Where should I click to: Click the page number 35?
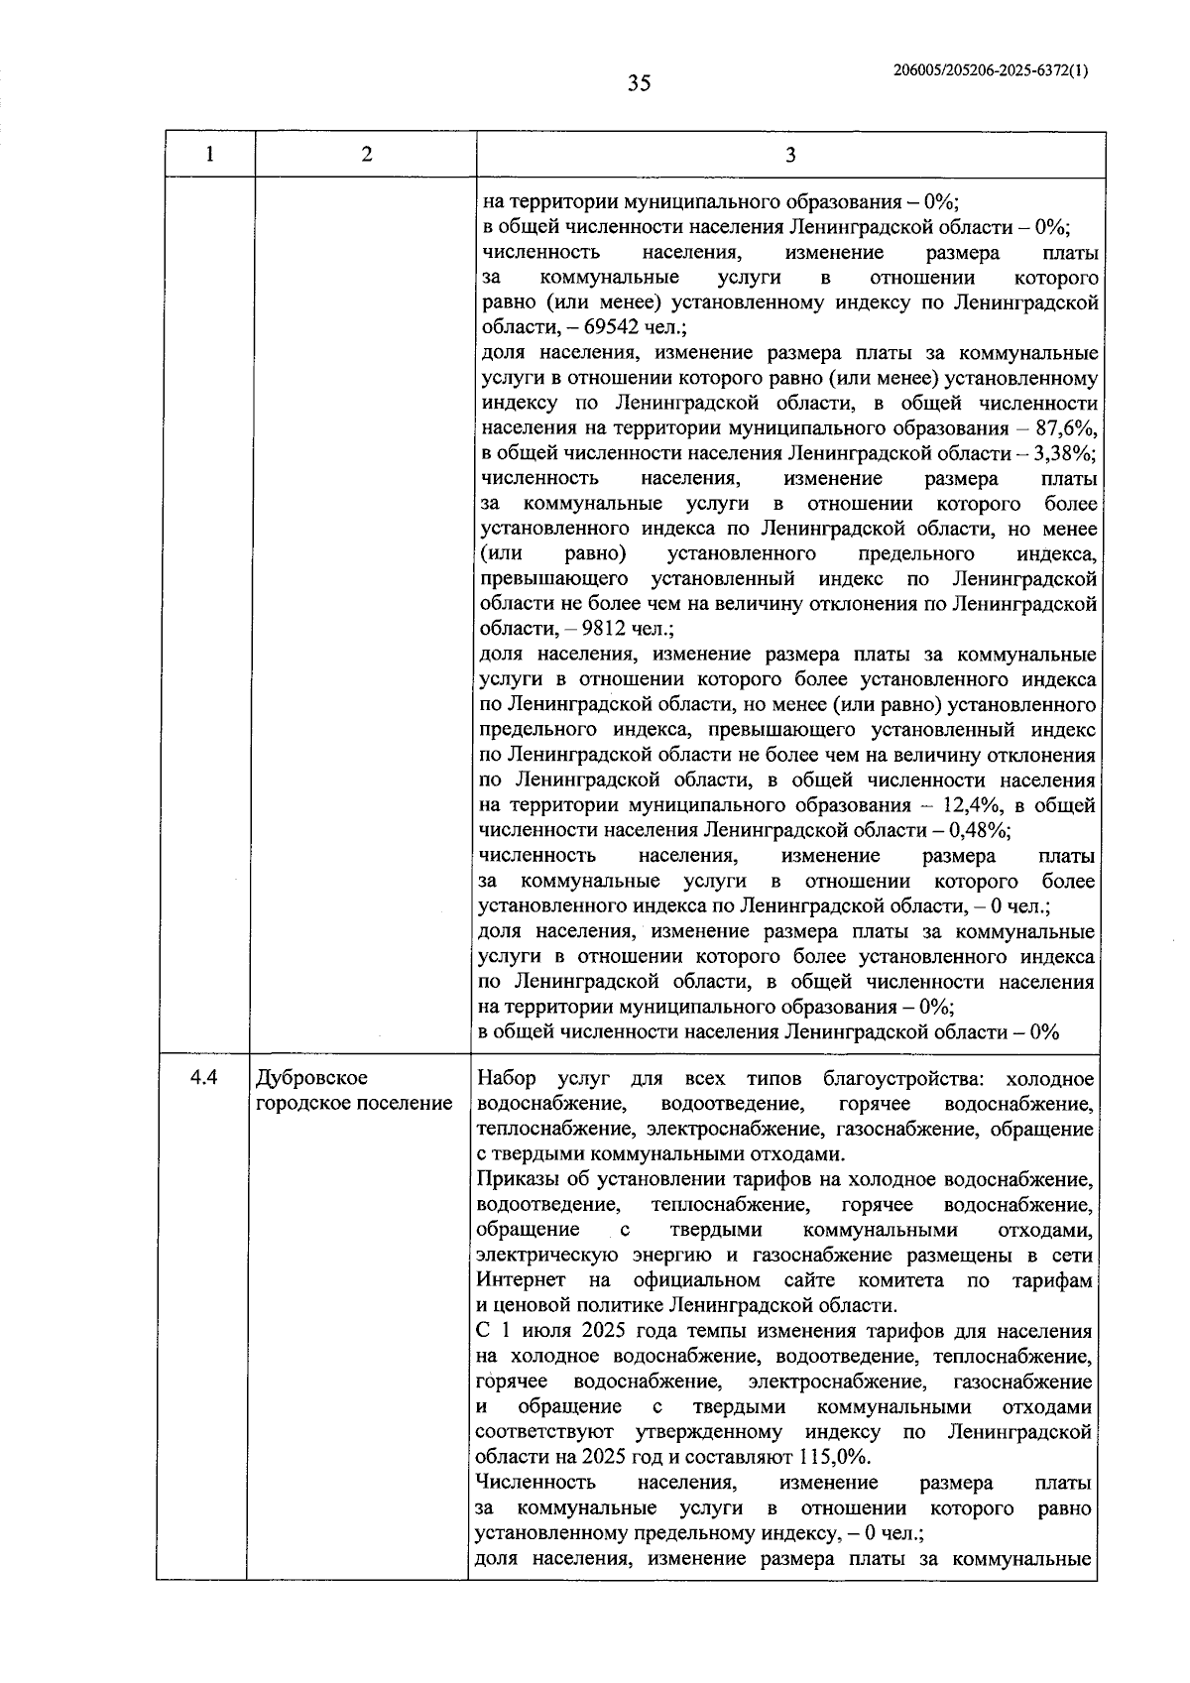639,83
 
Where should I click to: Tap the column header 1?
209,154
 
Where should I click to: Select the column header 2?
366,154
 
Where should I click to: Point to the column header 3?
789,154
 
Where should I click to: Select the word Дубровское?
311,1078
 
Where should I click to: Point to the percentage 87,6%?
1066,428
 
